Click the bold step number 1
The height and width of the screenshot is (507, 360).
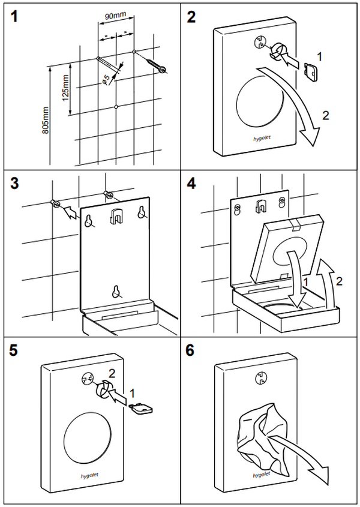coord(14,17)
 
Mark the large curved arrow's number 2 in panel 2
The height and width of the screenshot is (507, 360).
coord(325,116)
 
